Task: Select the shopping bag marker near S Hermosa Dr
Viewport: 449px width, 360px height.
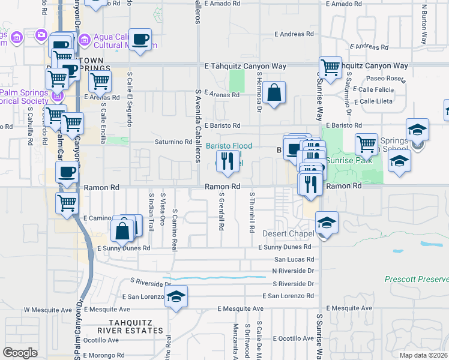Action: (274, 93)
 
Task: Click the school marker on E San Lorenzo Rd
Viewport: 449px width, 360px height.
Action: (176, 296)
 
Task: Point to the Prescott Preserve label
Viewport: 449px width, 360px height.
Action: (416, 280)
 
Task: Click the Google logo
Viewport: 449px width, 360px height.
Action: (20, 353)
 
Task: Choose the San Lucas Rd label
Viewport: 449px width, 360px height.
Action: (294, 260)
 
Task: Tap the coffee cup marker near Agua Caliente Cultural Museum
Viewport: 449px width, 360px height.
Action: (140, 40)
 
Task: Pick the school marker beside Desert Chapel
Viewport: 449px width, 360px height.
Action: (327, 223)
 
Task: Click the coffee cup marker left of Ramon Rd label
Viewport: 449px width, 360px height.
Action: (67, 172)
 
